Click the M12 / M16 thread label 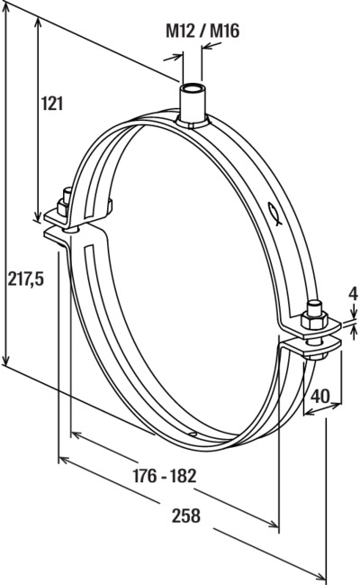[202, 31]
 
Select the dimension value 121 [52, 104]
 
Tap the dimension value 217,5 [26, 279]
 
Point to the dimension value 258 [186, 516]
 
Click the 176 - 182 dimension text [165, 476]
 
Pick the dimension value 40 [320, 397]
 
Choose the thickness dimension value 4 [353, 295]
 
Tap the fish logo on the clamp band [274, 215]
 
